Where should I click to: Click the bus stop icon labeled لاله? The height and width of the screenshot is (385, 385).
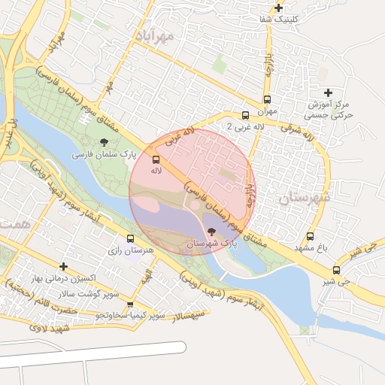[x=156, y=159]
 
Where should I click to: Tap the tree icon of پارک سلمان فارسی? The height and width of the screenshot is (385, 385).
[x=104, y=141]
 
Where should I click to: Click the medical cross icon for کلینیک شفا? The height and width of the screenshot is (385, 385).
[x=278, y=8]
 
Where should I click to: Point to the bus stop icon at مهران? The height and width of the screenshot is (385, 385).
[x=267, y=99]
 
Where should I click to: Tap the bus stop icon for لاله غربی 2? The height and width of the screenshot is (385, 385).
[x=245, y=115]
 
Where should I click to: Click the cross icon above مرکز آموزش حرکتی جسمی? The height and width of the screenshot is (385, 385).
[x=328, y=92]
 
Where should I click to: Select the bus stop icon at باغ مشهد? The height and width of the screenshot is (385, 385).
[x=311, y=236]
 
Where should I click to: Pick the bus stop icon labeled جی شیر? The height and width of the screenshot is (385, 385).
[x=336, y=270]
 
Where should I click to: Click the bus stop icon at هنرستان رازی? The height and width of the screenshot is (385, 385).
[x=131, y=238]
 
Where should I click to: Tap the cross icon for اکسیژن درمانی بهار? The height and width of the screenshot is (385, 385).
[x=64, y=266]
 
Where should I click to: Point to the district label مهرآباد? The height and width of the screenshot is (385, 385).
[x=155, y=35]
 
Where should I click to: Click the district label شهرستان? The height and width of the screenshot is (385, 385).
[x=304, y=198]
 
